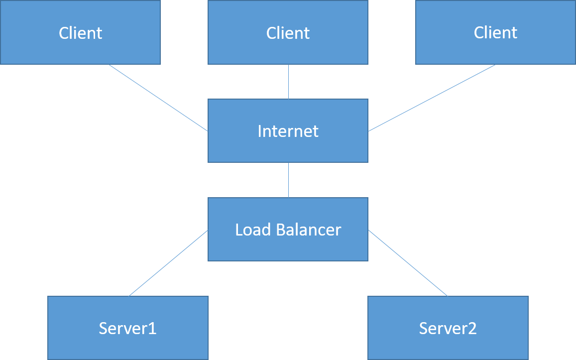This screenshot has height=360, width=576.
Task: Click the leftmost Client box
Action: pos(81,32)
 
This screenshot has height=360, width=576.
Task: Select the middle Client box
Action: pos(288,32)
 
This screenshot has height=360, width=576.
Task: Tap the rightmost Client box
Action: pos(495,32)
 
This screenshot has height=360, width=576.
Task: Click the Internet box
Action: pos(288,131)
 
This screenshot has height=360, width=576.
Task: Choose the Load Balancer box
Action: pos(288,230)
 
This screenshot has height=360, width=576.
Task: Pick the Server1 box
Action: pos(128,328)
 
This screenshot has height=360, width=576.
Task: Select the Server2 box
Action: pos(448,328)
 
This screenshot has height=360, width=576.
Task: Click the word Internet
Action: pos(288,131)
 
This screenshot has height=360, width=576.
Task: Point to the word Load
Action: pos(253,230)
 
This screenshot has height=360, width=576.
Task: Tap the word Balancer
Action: pos(309,230)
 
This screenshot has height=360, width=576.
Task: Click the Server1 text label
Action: pos(128,329)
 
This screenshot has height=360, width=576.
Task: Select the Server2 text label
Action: pos(448,329)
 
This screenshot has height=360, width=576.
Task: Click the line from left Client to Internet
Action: pos(158,98)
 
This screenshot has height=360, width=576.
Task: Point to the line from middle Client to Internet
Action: pos(288,82)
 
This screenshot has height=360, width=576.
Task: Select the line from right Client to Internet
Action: pos(432,98)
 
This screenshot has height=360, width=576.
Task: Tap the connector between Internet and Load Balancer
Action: pos(288,180)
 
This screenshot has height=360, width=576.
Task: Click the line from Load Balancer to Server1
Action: pos(168,263)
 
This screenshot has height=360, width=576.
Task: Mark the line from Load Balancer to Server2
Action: pos(408,263)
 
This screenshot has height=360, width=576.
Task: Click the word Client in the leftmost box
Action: pos(81,33)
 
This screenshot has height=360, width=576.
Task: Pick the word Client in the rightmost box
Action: pos(495,33)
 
